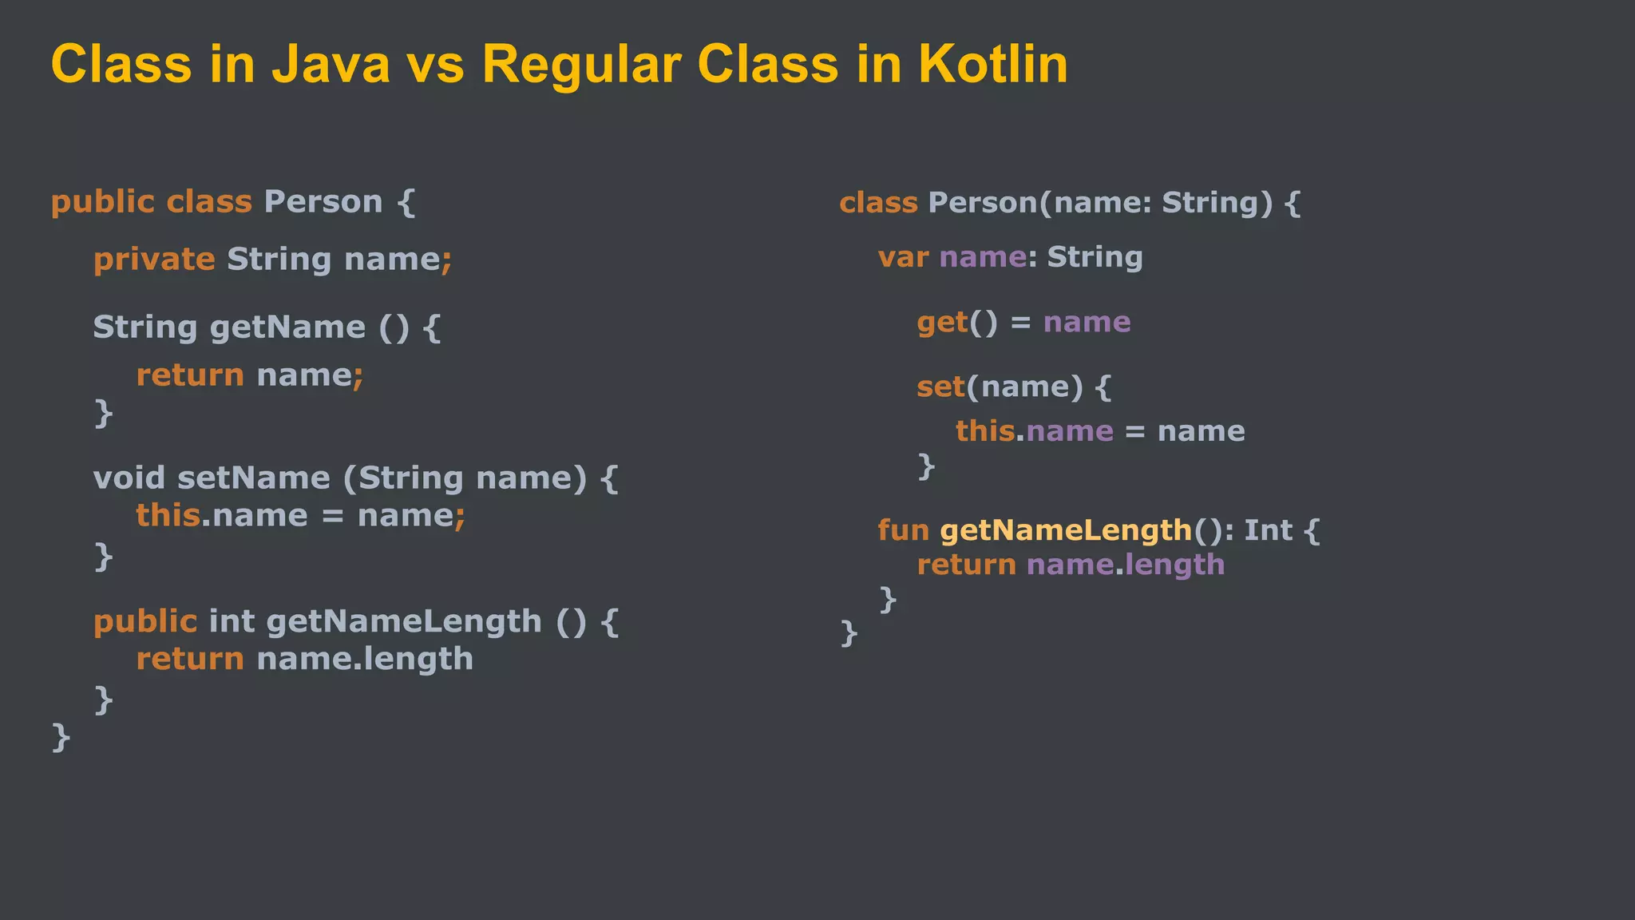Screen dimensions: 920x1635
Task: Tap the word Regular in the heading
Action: (x=581, y=65)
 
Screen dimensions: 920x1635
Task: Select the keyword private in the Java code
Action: (x=154, y=260)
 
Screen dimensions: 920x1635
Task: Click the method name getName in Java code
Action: (x=287, y=327)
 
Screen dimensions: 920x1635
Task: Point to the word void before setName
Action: (x=129, y=478)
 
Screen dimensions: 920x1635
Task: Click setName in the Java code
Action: (x=253, y=478)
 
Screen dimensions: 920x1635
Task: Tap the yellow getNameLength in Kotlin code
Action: (x=1066, y=530)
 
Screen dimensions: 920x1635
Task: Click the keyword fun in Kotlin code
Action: (x=903, y=530)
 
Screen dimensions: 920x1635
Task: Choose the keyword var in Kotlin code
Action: (x=903, y=257)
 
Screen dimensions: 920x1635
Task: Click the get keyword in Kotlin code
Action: (x=942, y=323)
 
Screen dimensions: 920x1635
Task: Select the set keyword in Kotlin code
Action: (x=940, y=387)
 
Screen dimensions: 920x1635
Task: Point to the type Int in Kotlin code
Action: (x=1268, y=530)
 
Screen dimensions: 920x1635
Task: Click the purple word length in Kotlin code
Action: (x=1174, y=565)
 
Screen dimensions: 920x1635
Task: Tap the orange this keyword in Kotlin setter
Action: (x=985, y=431)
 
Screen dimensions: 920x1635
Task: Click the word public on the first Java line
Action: (x=103, y=202)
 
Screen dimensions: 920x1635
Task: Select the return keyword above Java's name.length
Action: (x=190, y=660)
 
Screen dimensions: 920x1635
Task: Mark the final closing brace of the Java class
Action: (x=61, y=736)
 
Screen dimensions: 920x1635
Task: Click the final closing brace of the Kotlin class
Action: (x=849, y=632)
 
